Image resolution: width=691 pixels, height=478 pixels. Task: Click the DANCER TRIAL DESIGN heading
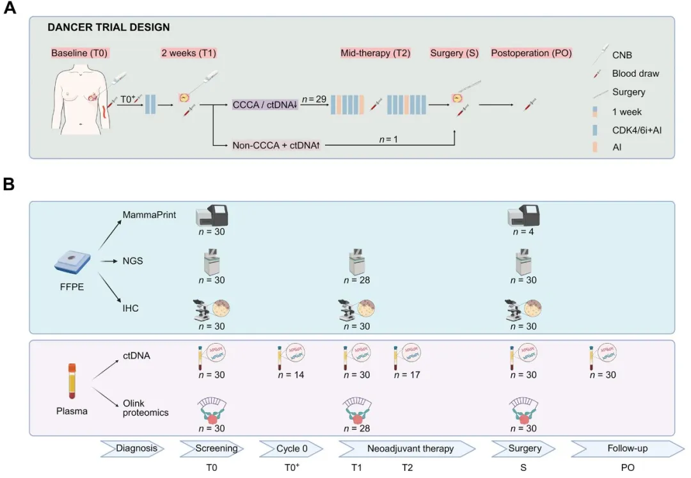(108, 28)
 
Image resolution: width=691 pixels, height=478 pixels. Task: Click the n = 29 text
(313, 99)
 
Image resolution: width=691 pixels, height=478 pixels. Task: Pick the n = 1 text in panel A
(387, 139)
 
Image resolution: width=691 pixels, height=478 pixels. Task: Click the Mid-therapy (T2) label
(375, 52)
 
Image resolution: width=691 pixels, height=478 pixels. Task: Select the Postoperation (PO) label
(531, 52)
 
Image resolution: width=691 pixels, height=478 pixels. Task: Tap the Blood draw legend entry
(636, 73)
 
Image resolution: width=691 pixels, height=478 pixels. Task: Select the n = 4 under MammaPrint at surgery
(523, 233)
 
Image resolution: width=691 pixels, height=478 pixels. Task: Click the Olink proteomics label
(146, 407)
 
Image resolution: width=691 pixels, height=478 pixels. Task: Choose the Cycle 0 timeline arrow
(292, 449)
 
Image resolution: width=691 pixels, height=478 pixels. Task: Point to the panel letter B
(10, 184)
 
